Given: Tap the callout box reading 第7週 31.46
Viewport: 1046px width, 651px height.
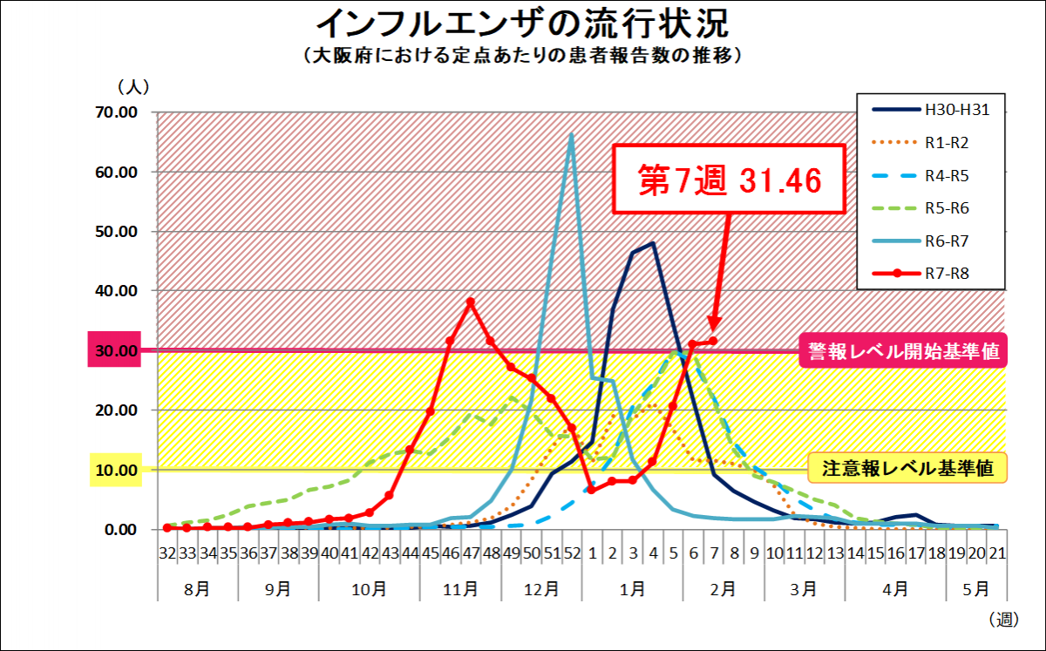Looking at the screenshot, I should [730, 180].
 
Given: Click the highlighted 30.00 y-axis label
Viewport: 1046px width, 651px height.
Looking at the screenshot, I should [115, 350].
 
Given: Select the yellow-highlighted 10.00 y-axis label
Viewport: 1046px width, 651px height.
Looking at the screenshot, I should [115, 470].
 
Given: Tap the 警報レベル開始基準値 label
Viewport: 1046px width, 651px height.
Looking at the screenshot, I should [902, 351].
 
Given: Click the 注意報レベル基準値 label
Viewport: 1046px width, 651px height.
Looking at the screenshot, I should [907, 469].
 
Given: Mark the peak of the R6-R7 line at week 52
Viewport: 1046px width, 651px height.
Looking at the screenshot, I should [572, 134].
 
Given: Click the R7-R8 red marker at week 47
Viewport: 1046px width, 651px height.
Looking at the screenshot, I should [471, 302].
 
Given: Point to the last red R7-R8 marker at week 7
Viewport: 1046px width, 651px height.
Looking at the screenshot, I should [713, 341].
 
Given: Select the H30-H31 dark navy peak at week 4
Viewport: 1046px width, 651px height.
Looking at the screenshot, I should [653, 244].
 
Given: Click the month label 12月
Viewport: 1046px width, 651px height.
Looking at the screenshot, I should [542, 589].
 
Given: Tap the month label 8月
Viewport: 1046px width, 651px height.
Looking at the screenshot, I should [197, 589].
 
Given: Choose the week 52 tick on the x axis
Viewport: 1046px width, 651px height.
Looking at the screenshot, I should [572, 553].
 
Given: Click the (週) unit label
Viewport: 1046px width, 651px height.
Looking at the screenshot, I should [1003, 620].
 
